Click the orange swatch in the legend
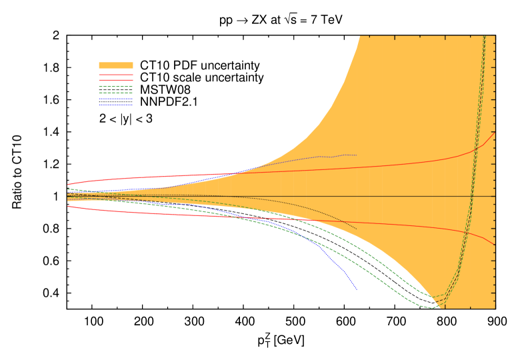click(116, 65)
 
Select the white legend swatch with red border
click(116, 77)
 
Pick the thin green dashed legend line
click(116, 87)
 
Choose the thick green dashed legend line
click(116, 93)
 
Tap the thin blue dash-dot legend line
click(116, 99)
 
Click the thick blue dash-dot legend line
click(116, 105)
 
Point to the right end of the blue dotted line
click(357, 155)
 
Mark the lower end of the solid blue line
click(357, 289)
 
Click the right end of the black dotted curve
click(357, 229)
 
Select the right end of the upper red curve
click(495, 132)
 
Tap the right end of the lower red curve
click(495, 245)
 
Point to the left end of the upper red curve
click(67, 185)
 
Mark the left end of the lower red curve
click(67, 205)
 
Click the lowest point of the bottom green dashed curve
click(432, 308)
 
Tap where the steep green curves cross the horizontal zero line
click(472, 196)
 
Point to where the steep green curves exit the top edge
click(484, 37)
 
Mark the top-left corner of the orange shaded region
click(360, 36)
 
